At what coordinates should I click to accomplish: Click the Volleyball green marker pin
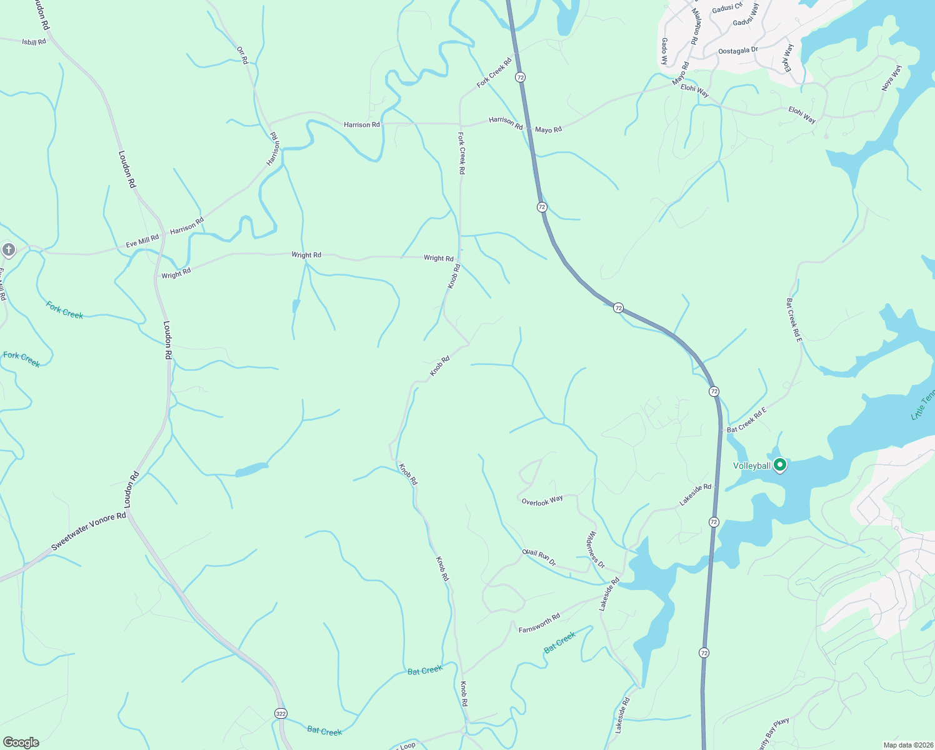click(779, 465)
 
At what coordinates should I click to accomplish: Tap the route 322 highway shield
click(281, 713)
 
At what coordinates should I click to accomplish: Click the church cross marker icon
click(8, 250)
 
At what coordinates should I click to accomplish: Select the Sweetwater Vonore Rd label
click(88, 531)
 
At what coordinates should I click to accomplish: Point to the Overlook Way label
click(542, 501)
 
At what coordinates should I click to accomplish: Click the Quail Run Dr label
click(539, 557)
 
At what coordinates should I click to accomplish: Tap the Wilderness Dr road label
click(596, 549)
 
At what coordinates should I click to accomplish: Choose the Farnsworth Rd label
click(539, 623)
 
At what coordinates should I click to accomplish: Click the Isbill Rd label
click(34, 42)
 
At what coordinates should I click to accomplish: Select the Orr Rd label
click(242, 55)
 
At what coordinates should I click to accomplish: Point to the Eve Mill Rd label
click(142, 241)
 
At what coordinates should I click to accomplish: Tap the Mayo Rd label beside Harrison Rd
click(548, 129)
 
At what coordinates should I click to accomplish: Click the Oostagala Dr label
click(737, 51)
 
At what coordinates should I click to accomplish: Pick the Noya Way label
click(891, 78)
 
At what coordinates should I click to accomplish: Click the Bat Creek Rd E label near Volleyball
click(746, 420)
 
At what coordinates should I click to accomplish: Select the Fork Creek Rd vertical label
click(461, 153)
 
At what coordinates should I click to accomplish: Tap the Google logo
click(21, 742)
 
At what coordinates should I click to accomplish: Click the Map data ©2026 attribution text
click(907, 745)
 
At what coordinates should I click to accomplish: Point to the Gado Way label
click(664, 51)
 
